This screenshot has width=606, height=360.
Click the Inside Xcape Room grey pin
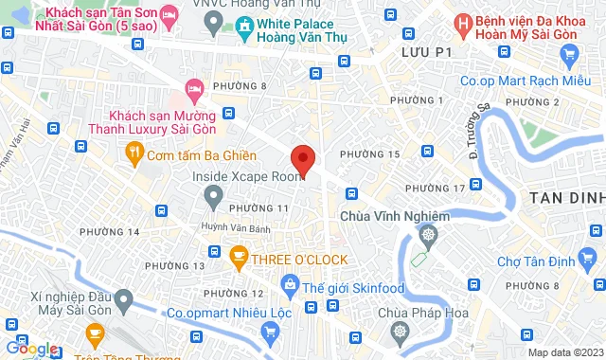(213, 195)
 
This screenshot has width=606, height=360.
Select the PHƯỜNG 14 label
(110, 232)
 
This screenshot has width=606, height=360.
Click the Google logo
(30, 349)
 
